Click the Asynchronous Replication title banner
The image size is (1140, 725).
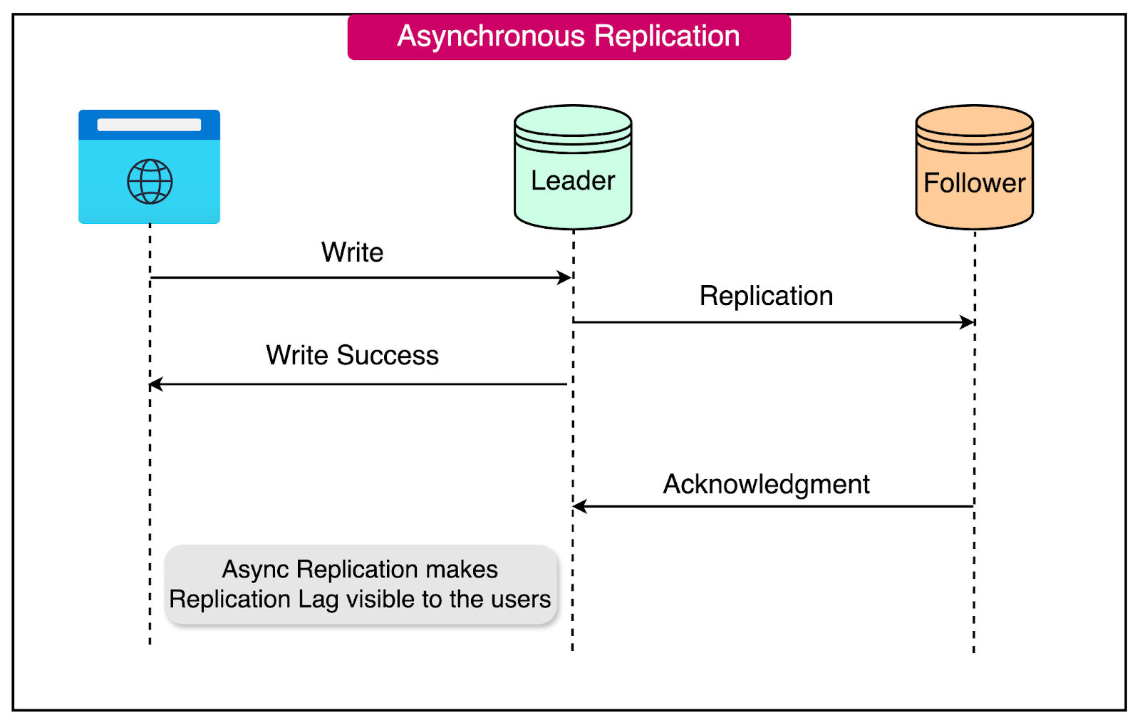569,37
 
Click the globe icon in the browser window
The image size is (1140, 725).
150,182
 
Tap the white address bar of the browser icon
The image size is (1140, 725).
149,125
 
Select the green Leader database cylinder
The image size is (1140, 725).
573,168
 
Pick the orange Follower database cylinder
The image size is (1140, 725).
974,168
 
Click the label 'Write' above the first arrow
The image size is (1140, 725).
352,252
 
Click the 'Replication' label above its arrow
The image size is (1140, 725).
766,296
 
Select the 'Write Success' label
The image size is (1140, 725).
352,355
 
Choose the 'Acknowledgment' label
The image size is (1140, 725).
766,484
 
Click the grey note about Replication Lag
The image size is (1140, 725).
361,585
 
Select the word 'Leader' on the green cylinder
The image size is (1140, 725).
573,181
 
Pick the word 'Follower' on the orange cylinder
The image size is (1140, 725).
974,183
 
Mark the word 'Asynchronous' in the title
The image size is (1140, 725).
492,36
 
